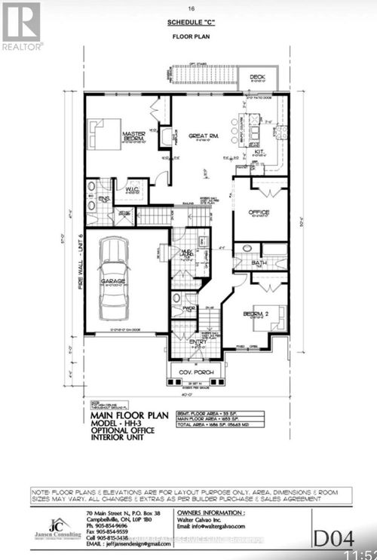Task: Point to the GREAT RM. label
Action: (x=203, y=136)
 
